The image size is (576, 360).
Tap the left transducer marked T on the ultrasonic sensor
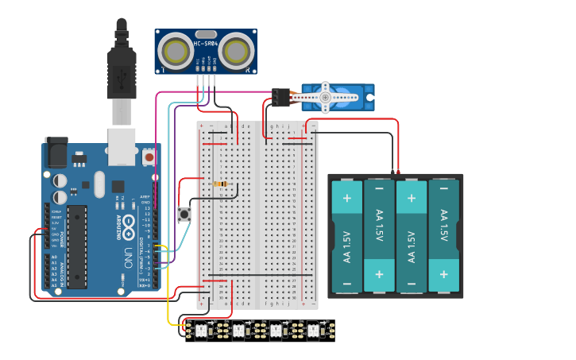pyautogui.click(x=175, y=52)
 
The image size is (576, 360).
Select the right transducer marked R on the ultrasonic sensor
pyautogui.click(x=236, y=52)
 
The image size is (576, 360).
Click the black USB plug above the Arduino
pyautogui.click(x=121, y=72)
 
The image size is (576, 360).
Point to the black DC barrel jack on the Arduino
pyautogui.click(x=56, y=152)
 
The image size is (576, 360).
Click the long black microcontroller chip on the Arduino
pyautogui.click(x=77, y=246)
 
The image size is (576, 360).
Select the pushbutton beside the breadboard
pyautogui.click(x=184, y=214)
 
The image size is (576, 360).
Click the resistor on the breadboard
pyautogui.click(x=221, y=184)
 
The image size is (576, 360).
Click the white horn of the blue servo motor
pyautogui.click(x=325, y=97)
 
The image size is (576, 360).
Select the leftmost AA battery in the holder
pyautogui.click(x=346, y=236)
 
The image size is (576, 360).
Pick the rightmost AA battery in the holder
pyautogui.click(x=443, y=236)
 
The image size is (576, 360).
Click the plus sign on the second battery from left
pyautogui.click(x=379, y=274)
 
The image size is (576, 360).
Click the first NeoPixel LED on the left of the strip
pyautogui.click(x=200, y=327)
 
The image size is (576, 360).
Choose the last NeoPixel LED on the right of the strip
pyautogui.click(x=313, y=327)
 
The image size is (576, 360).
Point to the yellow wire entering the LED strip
pyautogui.click(x=169, y=302)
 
